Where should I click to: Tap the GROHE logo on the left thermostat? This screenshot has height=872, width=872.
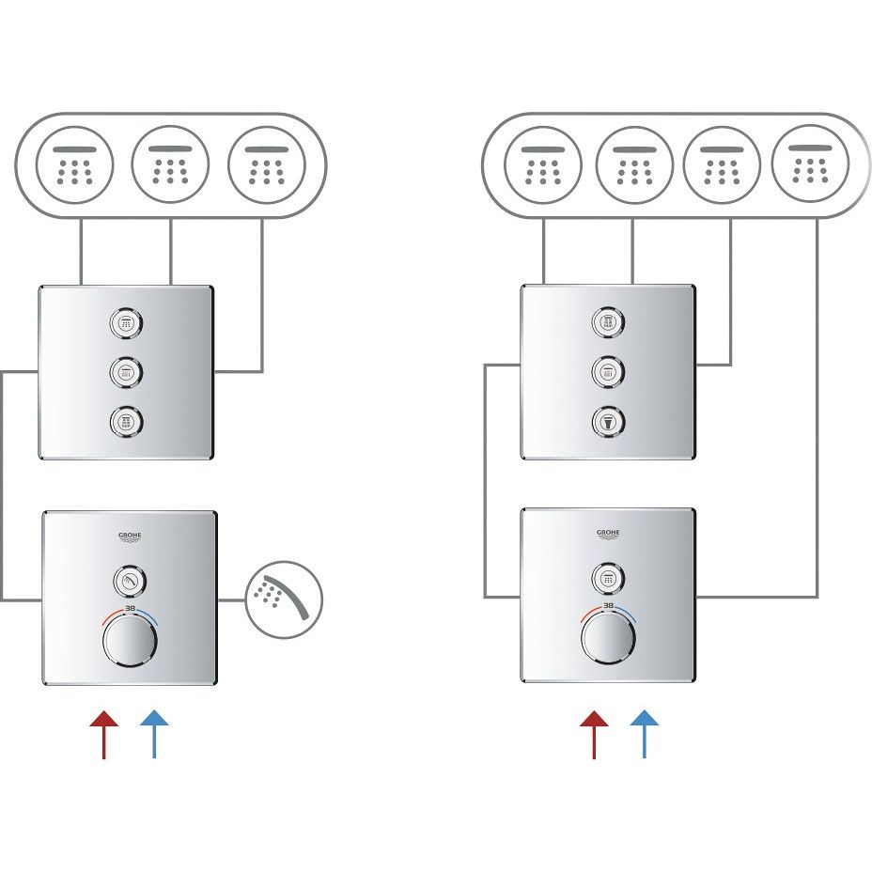point(130,537)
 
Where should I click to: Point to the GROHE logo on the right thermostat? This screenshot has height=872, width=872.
point(608,534)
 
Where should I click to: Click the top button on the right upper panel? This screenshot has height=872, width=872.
point(608,322)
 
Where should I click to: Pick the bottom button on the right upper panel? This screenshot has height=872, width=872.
point(608,420)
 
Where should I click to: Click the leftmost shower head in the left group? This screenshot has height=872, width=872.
point(74,165)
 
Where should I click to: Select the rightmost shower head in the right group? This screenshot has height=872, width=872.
point(809,163)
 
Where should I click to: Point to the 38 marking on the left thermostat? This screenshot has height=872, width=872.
point(130,609)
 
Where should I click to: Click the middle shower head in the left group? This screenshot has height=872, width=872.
point(170,165)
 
